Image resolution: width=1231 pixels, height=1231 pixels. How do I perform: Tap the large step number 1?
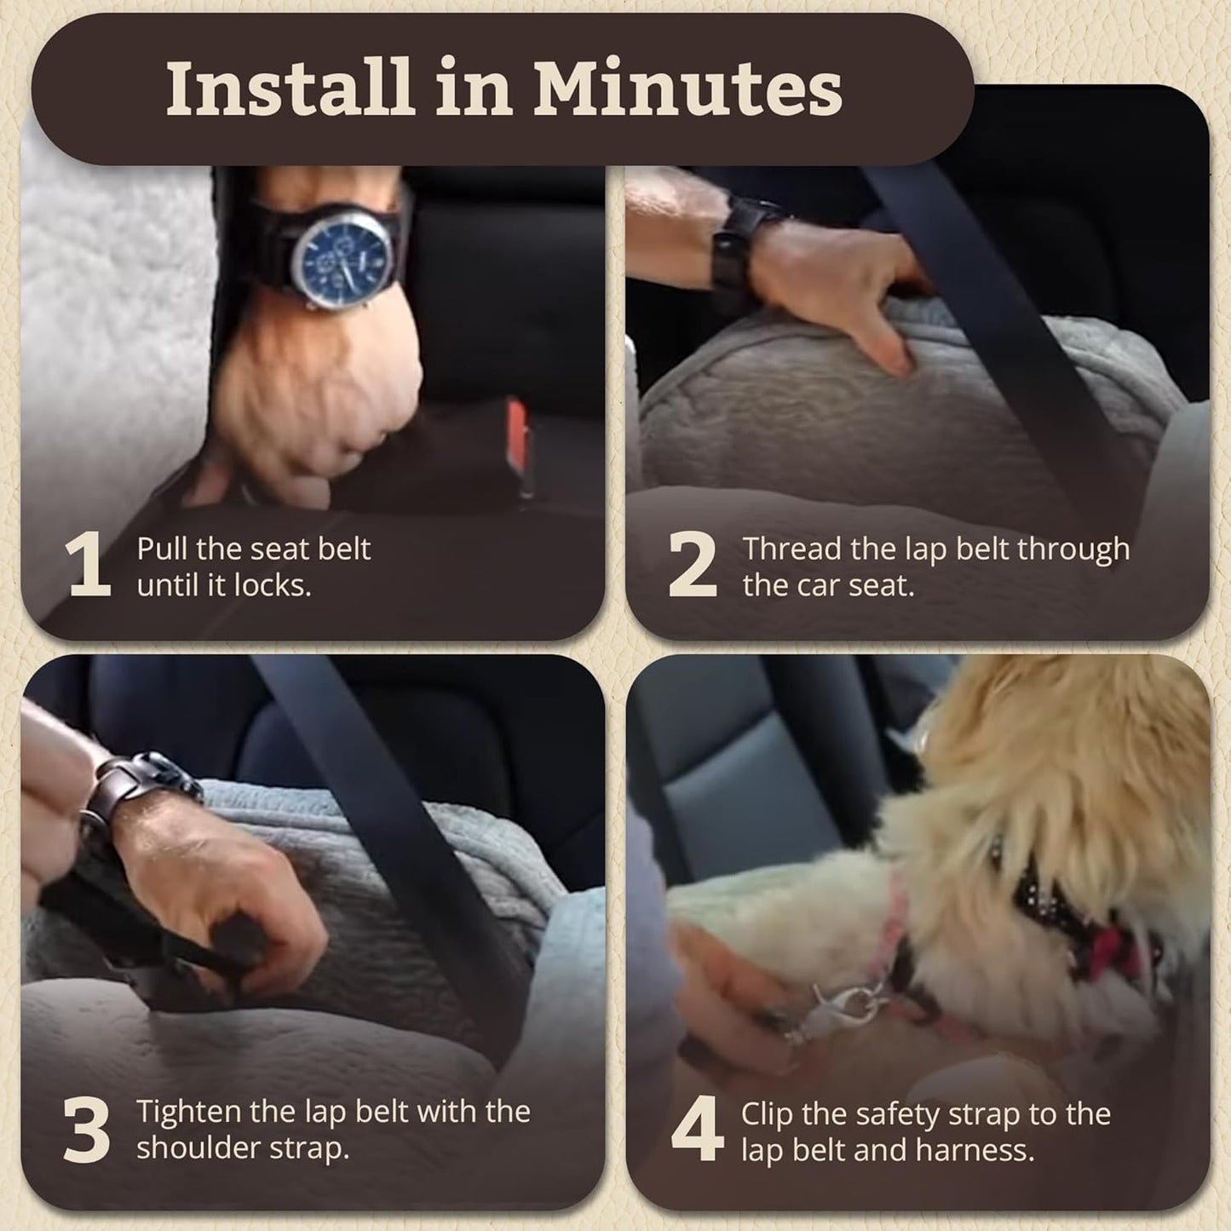pyautogui.click(x=89, y=565)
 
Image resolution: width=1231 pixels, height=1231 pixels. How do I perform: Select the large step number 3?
pyautogui.click(x=87, y=1130)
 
